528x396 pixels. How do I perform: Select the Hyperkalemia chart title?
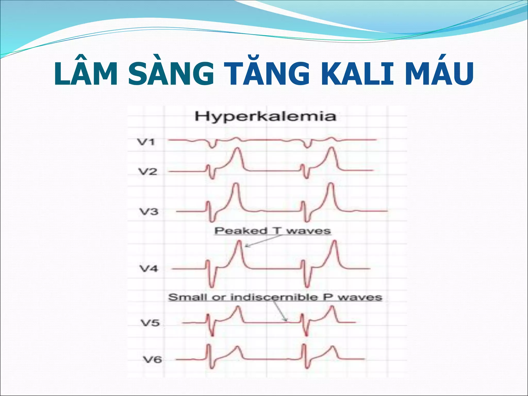click(x=265, y=117)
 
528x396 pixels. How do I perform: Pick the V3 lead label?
click(x=149, y=212)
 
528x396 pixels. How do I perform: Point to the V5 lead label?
click(x=150, y=323)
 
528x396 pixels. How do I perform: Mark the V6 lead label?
click(x=152, y=359)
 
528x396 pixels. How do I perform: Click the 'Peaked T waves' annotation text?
click(x=273, y=231)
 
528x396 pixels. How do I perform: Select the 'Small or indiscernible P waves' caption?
click(x=275, y=297)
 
